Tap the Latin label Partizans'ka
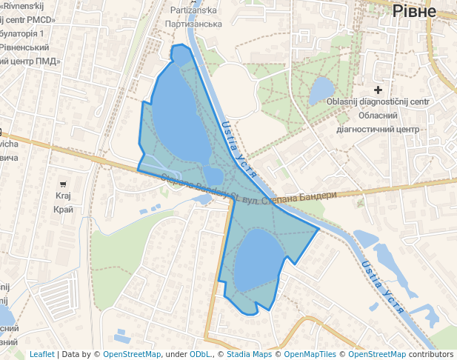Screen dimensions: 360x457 tap(193, 10)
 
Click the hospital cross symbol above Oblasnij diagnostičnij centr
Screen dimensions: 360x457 tap(378, 90)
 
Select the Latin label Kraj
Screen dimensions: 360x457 tap(63, 196)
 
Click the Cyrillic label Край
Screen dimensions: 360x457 tap(63, 210)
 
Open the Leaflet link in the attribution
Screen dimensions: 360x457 tap(42, 355)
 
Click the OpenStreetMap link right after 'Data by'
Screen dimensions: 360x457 tap(132, 355)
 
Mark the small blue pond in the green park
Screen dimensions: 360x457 tap(322, 90)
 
